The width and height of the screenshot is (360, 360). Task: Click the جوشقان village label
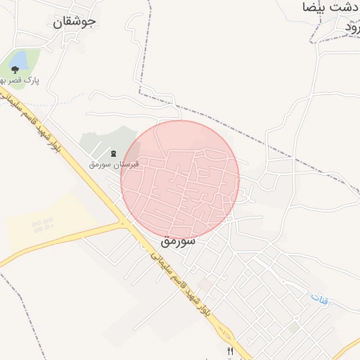coord(74,21)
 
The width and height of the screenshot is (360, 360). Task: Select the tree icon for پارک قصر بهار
coord(15,70)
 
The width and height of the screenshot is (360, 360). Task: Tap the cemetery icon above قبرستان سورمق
coord(114,153)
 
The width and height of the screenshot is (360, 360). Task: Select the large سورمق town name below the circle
coord(177,240)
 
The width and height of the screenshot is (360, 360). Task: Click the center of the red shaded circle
coord(180,180)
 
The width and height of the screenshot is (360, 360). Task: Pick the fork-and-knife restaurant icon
coord(229,352)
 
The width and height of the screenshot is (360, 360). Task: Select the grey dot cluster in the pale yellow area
coord(42,226)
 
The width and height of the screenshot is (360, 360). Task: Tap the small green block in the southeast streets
coord(293,328)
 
